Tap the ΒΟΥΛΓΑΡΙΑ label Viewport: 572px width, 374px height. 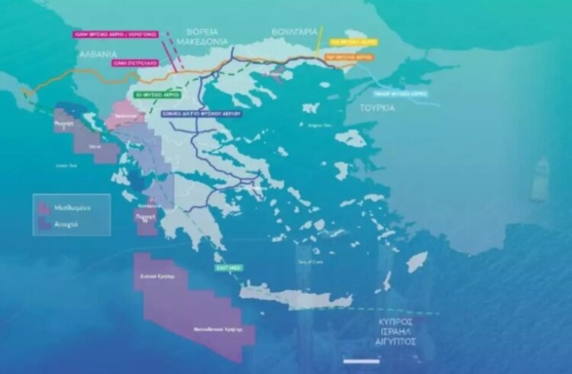tap(295, 32)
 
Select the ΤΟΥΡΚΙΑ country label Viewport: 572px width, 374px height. tap(377, 108)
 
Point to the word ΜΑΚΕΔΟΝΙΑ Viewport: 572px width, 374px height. tap(197, 42)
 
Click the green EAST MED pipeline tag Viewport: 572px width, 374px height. tap(228, 268)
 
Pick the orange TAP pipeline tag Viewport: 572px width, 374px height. tap(349, 56)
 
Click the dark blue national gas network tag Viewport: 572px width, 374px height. tap(202, 114)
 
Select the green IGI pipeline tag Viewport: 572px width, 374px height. tap(157, 94)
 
